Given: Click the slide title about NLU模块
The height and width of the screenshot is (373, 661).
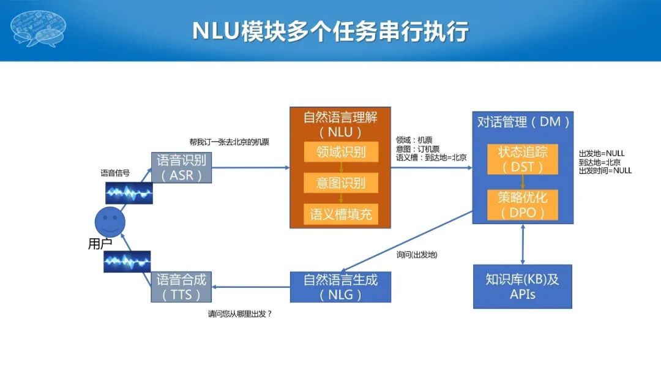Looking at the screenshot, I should [x=330, y=31].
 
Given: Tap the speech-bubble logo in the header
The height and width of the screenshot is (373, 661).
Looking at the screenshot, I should [x=39, y=28].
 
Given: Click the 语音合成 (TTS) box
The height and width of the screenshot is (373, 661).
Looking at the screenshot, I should [x=181, y=287].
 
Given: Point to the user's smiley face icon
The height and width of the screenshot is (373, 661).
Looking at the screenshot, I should [x=110, y=219].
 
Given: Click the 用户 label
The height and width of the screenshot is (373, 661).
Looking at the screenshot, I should [x=100, y=244].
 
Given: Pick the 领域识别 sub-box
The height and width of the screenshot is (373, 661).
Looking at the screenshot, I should [x=341, y=152].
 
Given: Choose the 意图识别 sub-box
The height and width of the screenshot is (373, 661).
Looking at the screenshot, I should [x=341, y=183].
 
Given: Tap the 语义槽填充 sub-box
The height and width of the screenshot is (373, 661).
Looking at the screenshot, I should [x=341, y=214].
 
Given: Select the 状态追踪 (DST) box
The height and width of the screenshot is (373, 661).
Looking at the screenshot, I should [x=522, y=159].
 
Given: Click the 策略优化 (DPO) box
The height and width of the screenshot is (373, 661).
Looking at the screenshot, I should [x=522, y=205].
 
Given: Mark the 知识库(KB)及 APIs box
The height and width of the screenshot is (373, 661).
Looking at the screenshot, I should [x=522, y=286].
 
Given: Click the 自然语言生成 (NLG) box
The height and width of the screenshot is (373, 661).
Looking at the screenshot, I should [x=340, y=287].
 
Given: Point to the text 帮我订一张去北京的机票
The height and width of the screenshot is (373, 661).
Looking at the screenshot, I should [x=230, y=142].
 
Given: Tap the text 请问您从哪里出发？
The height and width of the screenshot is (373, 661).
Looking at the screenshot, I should [x=240, y=314].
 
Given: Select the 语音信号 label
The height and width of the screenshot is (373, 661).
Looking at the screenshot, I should [x=115, y=173].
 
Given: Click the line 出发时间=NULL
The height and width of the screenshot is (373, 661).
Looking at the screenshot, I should [x=605, y=171].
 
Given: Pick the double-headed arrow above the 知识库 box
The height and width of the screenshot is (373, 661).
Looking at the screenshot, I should [x=522, y=244].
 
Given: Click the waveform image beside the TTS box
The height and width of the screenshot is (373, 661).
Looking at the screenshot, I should [x=127, y=262].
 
